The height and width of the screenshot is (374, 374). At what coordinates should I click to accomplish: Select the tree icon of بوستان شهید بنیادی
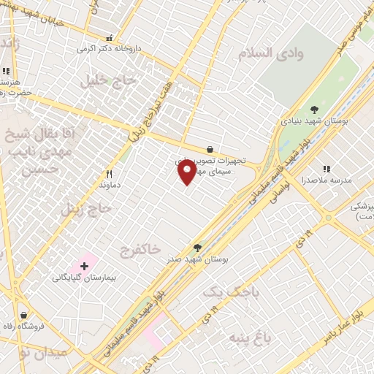[315, 110]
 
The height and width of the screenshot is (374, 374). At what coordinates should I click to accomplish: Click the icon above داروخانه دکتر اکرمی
[110, 38]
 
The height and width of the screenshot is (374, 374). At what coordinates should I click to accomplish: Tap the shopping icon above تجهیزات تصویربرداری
[210, 149]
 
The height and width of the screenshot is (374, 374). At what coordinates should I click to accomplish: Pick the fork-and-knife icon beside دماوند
[110, 174]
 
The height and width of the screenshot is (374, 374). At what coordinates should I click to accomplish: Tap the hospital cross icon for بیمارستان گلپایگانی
[84, 266]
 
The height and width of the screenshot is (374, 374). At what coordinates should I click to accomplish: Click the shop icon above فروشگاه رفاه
[25, 316]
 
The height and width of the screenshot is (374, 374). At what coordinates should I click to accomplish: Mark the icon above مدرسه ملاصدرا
[327, 169]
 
